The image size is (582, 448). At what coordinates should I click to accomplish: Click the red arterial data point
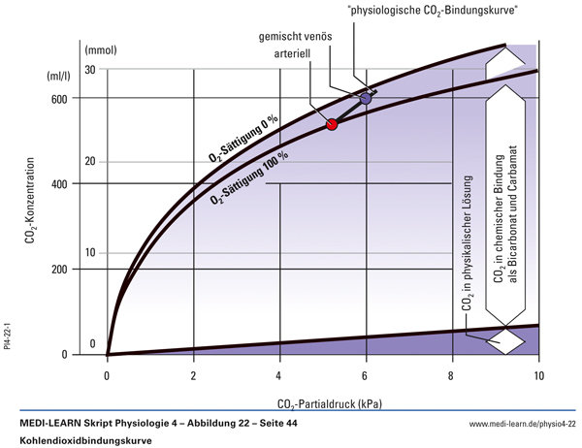point(332,124)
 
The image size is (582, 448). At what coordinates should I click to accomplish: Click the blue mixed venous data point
point(366,99)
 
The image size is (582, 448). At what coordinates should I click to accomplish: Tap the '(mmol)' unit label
point(101,48)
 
